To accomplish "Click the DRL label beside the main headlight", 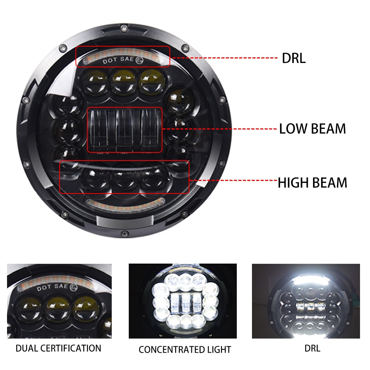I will pyautogui.click(x=294, y=58).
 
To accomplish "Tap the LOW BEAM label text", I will pyautogui.click(x=312, y=129).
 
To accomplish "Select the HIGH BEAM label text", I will pyautogui.click(x=312, y=183).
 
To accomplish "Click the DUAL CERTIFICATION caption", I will pyautogui.click(x=58, y=348).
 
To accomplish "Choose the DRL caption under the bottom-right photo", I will pyautogui.click(x=313, y=348).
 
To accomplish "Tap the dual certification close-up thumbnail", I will pyautogui.click(x=59, y=301).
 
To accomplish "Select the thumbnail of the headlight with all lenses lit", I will pyautogui.click(x=182, y=301).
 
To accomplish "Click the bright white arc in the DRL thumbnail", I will pyautogui.click(x=306, y=275).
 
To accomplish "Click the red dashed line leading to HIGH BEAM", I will pyautogui.click(x=233, y=180).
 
